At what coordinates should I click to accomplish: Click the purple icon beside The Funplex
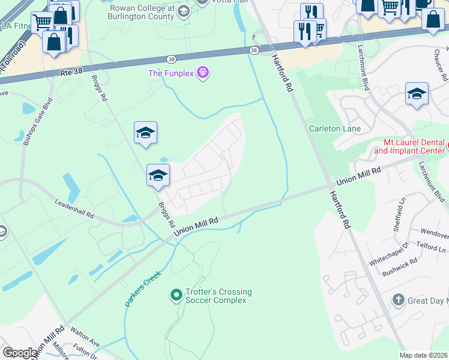(x=203, y=73)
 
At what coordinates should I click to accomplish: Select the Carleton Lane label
(x=335, y=128)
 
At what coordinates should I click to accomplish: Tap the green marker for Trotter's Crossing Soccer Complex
(x=176, y=295)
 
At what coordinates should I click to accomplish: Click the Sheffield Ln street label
(x=400, y=212)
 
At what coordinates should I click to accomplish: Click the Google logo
(x=20, y=353)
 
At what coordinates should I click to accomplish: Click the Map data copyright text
(x=424, y=355)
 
